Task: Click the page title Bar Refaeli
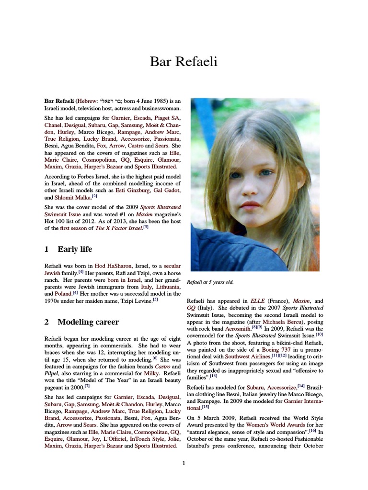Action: tap(184, 61)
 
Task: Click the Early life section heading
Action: tap(75, 249)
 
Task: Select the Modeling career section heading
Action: tap(88, 322)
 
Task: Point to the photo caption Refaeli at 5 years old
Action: tap(210, 282)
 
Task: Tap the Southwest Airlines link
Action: tap(248, 356)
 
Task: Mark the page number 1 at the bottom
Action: tap(184, 463)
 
